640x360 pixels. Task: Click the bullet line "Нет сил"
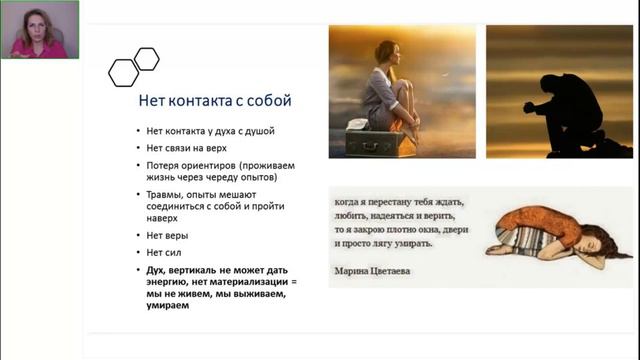165,253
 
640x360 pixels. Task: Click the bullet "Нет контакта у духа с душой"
211,131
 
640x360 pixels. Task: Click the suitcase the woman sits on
380,142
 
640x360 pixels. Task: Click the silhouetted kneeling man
567,108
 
